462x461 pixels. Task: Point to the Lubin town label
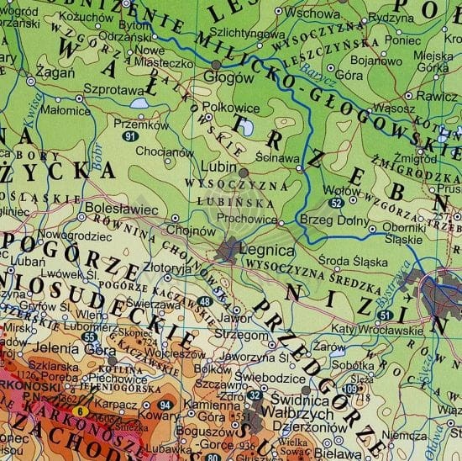click(219, 167)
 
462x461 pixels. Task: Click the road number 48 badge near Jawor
click(205, 302)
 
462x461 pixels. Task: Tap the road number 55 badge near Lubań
click(91, 336)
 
